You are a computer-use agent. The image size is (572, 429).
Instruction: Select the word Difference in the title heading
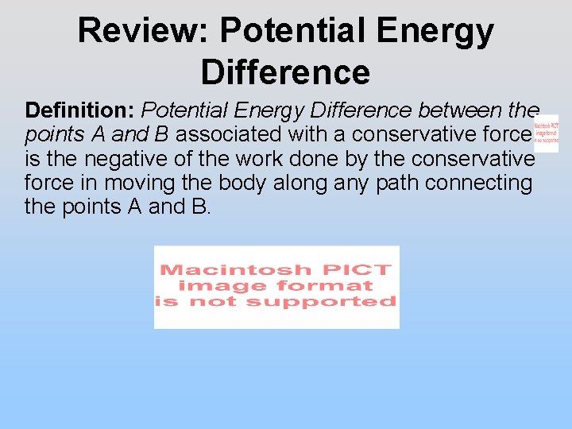(x=285, y=71)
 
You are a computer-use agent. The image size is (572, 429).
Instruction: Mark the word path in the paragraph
(x=395, y=183)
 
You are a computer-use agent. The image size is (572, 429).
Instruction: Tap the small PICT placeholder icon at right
(x=547, y=133)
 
